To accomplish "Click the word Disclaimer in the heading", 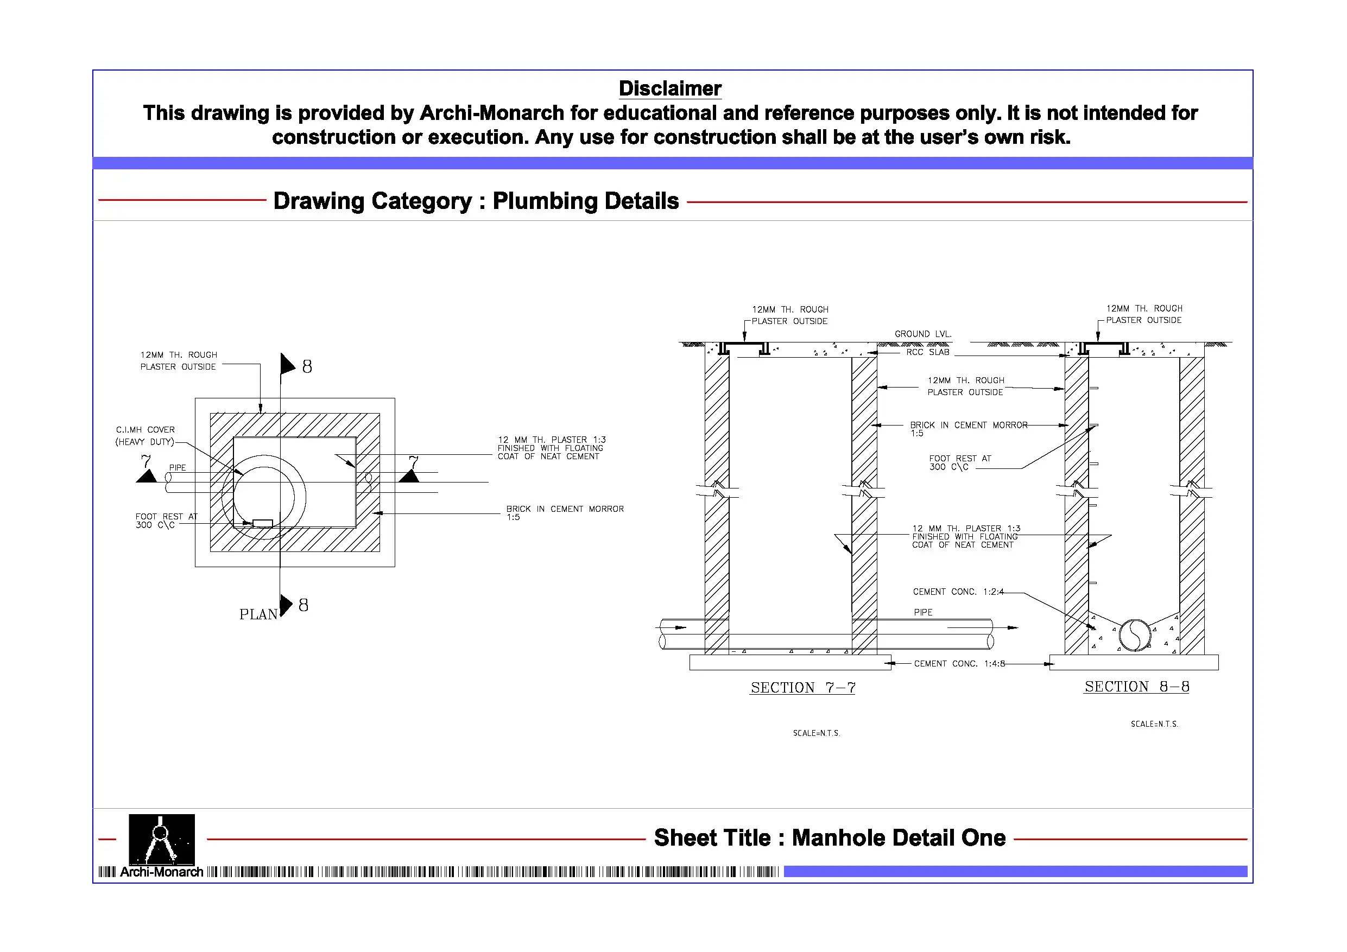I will [x=669, y=88].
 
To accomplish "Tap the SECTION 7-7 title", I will [x=802, y=688].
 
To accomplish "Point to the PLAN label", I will [x=258, y=614].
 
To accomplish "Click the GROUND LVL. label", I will [x=922, y=334].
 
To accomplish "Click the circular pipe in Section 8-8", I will [x=1135, y=635].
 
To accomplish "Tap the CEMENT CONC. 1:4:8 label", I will [x=959, y=663].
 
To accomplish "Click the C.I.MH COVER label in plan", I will [x=145, y=430].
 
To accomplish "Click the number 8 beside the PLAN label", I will [x=303, y=605].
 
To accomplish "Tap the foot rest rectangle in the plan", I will [x=262, y=523].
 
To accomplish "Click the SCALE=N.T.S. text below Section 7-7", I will [x=816, y=733].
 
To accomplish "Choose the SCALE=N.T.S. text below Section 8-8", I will [x=1154, y=724].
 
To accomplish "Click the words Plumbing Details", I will [x=585, y=201].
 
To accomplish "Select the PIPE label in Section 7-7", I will [x=923, y=612].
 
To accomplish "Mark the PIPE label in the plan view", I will [x=177, y=467].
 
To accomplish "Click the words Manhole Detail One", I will [x=899, y=837].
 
